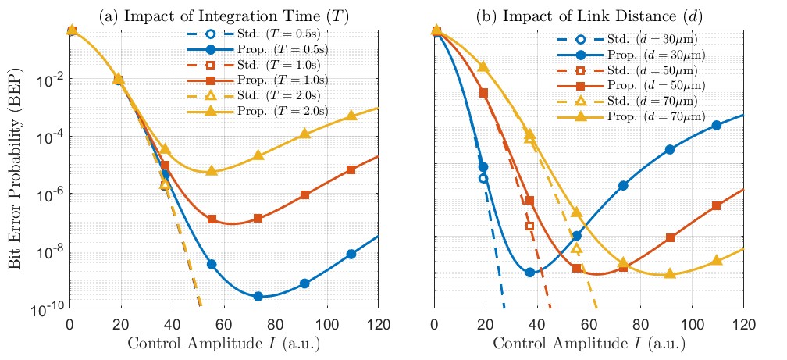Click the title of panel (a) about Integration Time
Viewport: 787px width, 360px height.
pos(223,13)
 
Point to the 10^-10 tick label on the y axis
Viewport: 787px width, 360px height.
pos(48,309)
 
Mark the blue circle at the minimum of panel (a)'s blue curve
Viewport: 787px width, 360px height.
pos(258,297)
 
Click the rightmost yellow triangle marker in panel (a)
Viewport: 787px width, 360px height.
pos(351,116)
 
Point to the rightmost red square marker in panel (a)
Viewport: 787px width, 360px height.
pos(351,169)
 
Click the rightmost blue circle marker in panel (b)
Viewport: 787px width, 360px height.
pos(717,125)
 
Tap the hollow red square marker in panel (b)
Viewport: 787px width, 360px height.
pos(530,226)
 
